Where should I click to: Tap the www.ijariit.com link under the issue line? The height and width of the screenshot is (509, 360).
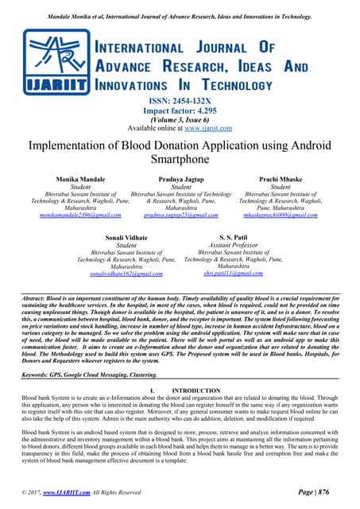(x=211, y=127)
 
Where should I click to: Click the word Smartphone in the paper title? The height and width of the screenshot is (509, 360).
(x=180, y=159)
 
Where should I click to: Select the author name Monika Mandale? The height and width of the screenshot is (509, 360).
(x=79, y=180)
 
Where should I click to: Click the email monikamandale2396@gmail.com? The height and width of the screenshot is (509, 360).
(x=79, y=216)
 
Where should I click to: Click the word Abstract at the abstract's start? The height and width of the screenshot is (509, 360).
(x=37, y=297)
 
